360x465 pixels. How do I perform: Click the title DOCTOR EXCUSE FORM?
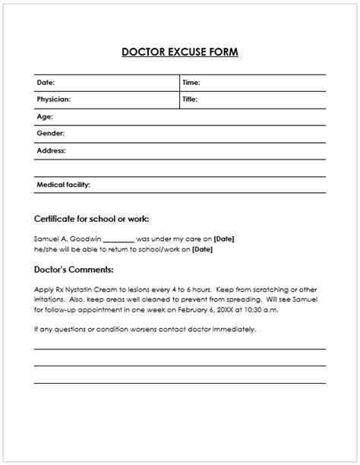click(179, 52)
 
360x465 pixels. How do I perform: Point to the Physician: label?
click(53, 100)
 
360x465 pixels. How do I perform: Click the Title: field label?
click(190, 100)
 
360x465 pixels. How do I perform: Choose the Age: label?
click(44, 117)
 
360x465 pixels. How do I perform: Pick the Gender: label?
click(50, 134)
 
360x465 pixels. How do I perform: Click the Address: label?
click(52, 150)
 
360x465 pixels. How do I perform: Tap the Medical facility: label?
click(64, 185)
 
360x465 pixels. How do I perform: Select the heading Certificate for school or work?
click(96, 219)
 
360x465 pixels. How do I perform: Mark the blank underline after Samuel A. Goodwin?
click(117, 240)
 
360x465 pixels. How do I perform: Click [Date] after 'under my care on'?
click(224, 239)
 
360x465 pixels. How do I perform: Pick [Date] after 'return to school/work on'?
click(203, 248)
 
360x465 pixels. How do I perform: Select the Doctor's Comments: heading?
click(74, 269)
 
